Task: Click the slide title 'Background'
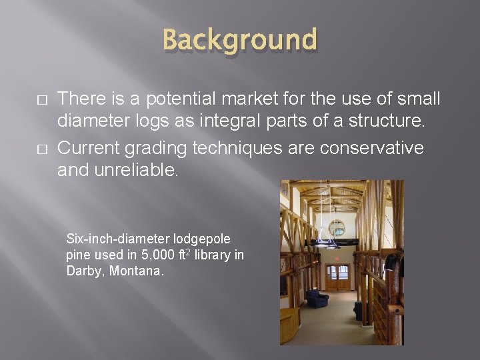(240, 39)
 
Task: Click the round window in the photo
(336, 227)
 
